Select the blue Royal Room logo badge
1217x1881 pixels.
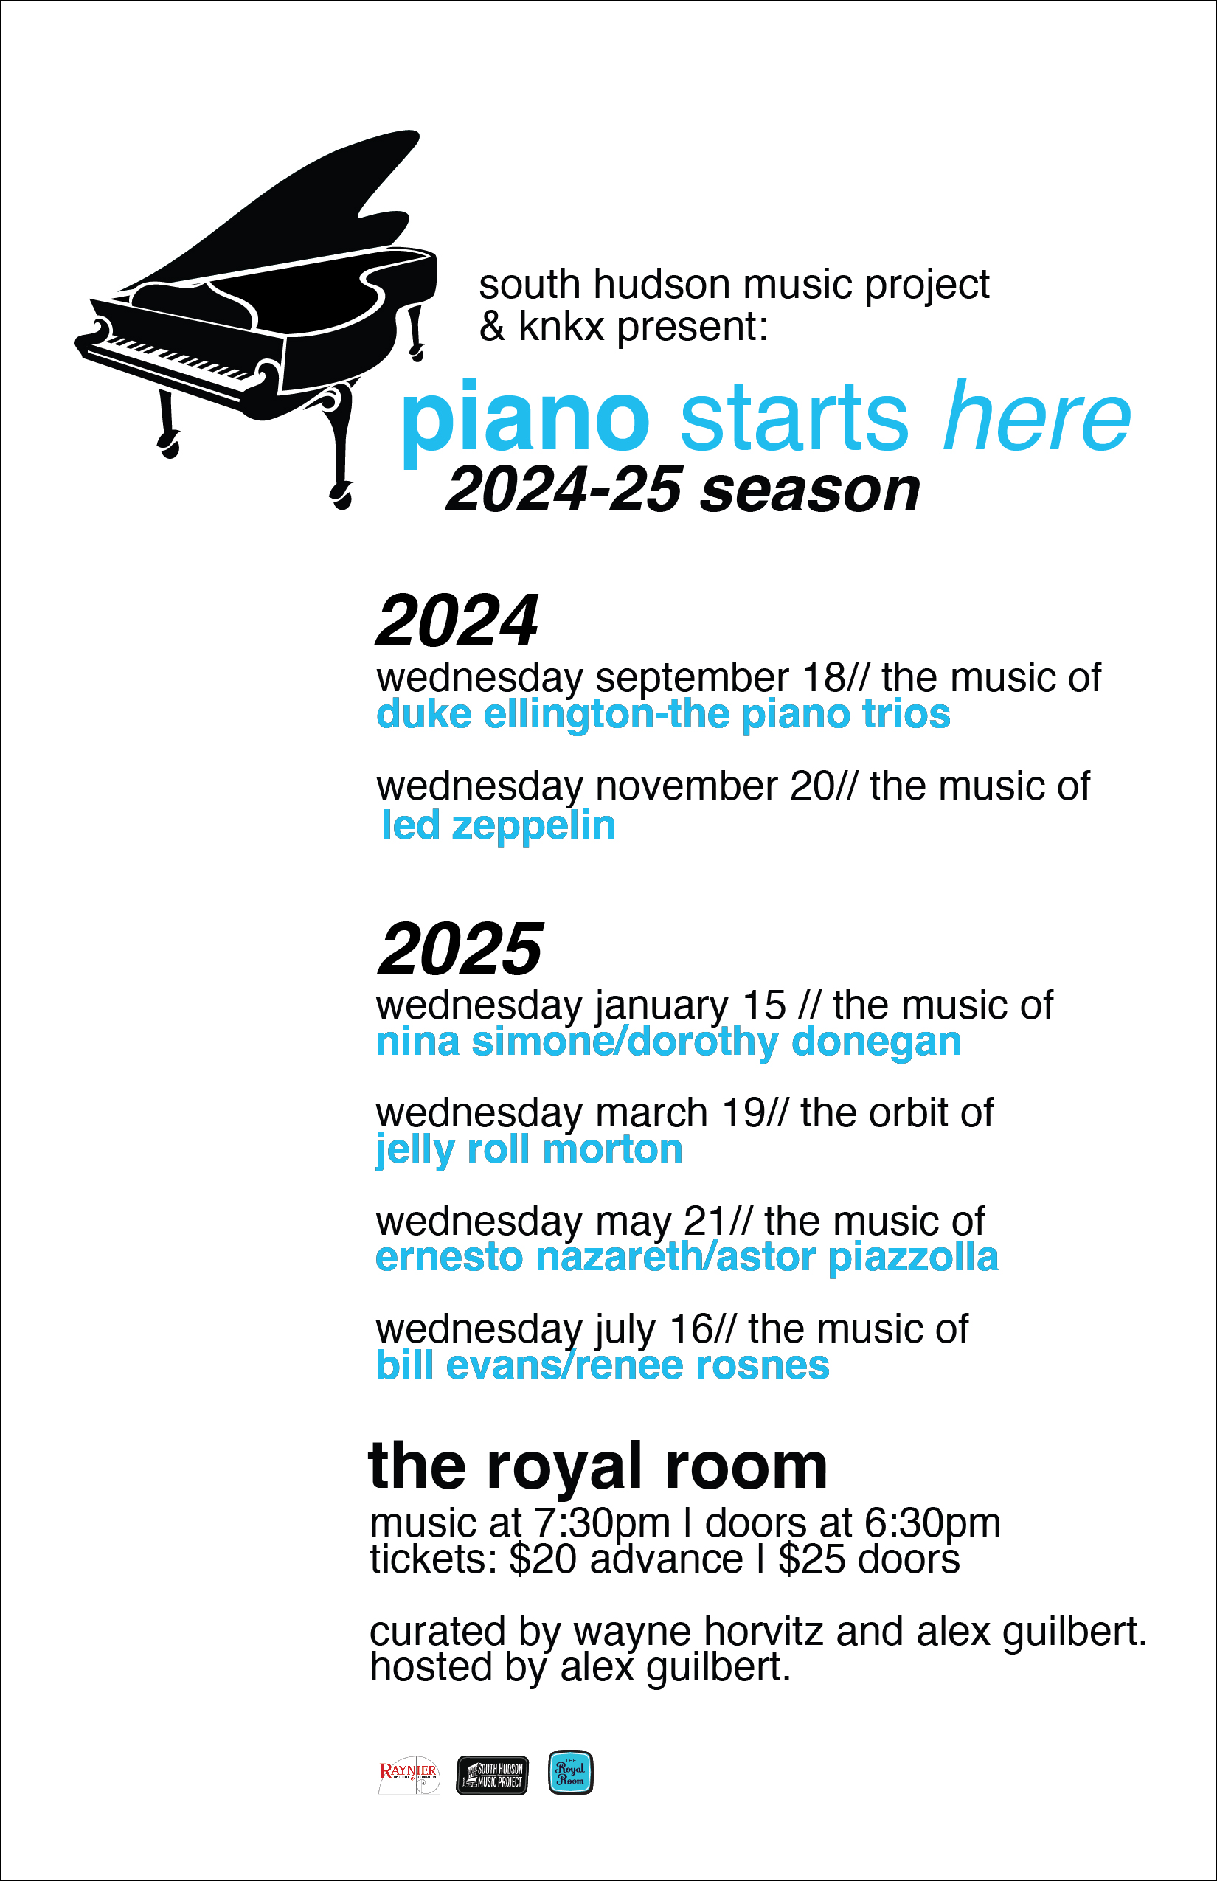click(571, 1773)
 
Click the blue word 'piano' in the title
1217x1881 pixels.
click(525, 419)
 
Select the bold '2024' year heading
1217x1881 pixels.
click(457, 620)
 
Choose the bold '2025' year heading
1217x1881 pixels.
click(461, 949)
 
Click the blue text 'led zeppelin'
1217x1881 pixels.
click(499, 825)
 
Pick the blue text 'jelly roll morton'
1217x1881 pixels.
click(530, 1151)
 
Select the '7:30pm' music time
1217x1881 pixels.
click(602, 1524)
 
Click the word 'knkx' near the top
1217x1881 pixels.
click(561, 325)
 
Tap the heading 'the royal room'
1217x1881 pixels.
click(598, 1466)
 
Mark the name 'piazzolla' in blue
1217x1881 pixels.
click(914, 1258)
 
